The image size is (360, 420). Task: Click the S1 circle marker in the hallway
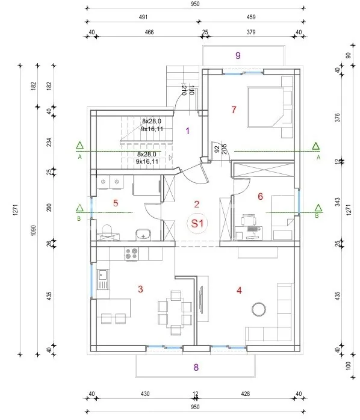[x=197, y=223]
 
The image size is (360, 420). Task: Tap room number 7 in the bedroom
[x=234, y=110]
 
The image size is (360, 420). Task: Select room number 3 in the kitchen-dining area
[x=140, y=289]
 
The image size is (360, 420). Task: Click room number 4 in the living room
[x=239, y=290]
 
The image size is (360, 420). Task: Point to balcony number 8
[x=196, y=367]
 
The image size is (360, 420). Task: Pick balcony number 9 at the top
[x=238, y=55]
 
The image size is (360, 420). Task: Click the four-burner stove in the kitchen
[x=132, y=254]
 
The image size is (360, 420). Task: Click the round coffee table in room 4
[x=259, y=309]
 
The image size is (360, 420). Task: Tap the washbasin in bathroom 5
[x=143, y=235]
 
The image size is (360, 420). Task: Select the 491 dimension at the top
[x=143, y=17]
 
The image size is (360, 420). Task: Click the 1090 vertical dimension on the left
[x=33, y=230]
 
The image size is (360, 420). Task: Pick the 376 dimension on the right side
[x=337, y=117]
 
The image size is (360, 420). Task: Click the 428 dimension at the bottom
[x=245, y=394]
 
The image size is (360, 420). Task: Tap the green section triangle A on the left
[x=79, y=146]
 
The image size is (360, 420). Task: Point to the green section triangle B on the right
[x=318, y=208]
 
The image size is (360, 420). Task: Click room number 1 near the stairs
[x=188, y=131]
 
